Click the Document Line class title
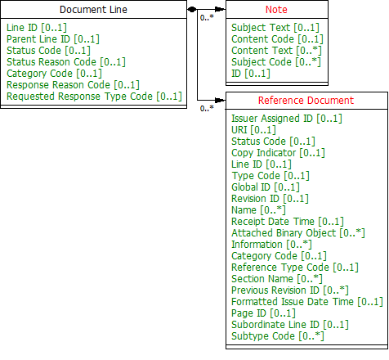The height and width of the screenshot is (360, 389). click(93, 10)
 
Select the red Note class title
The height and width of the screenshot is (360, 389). click(276, 10)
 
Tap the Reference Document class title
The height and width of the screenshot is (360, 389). click(306, 101)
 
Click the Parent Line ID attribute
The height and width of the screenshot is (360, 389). click(53, 39)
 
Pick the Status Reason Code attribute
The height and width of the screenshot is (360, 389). click(66, 62)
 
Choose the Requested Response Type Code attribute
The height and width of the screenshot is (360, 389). click(94, 97)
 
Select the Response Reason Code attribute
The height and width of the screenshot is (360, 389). click(73, 85)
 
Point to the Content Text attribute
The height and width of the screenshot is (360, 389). click(276, 51)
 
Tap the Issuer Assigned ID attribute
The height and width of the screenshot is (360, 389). click(287, 119)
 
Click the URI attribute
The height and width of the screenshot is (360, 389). click(253, 130)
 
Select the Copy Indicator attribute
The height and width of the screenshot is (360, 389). click(278, 153)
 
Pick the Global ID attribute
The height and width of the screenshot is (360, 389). click(266, 187)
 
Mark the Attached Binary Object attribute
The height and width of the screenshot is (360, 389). click(298, 233)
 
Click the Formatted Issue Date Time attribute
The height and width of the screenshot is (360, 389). click(307, 302)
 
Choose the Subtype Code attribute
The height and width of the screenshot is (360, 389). click(278, 336)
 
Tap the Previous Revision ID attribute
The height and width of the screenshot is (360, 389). click(290, 290)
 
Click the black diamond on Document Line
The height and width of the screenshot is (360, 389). click(192, 10)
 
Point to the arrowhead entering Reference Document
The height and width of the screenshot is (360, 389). click(220, 100)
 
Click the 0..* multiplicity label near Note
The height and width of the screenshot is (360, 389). click(207, 18)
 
